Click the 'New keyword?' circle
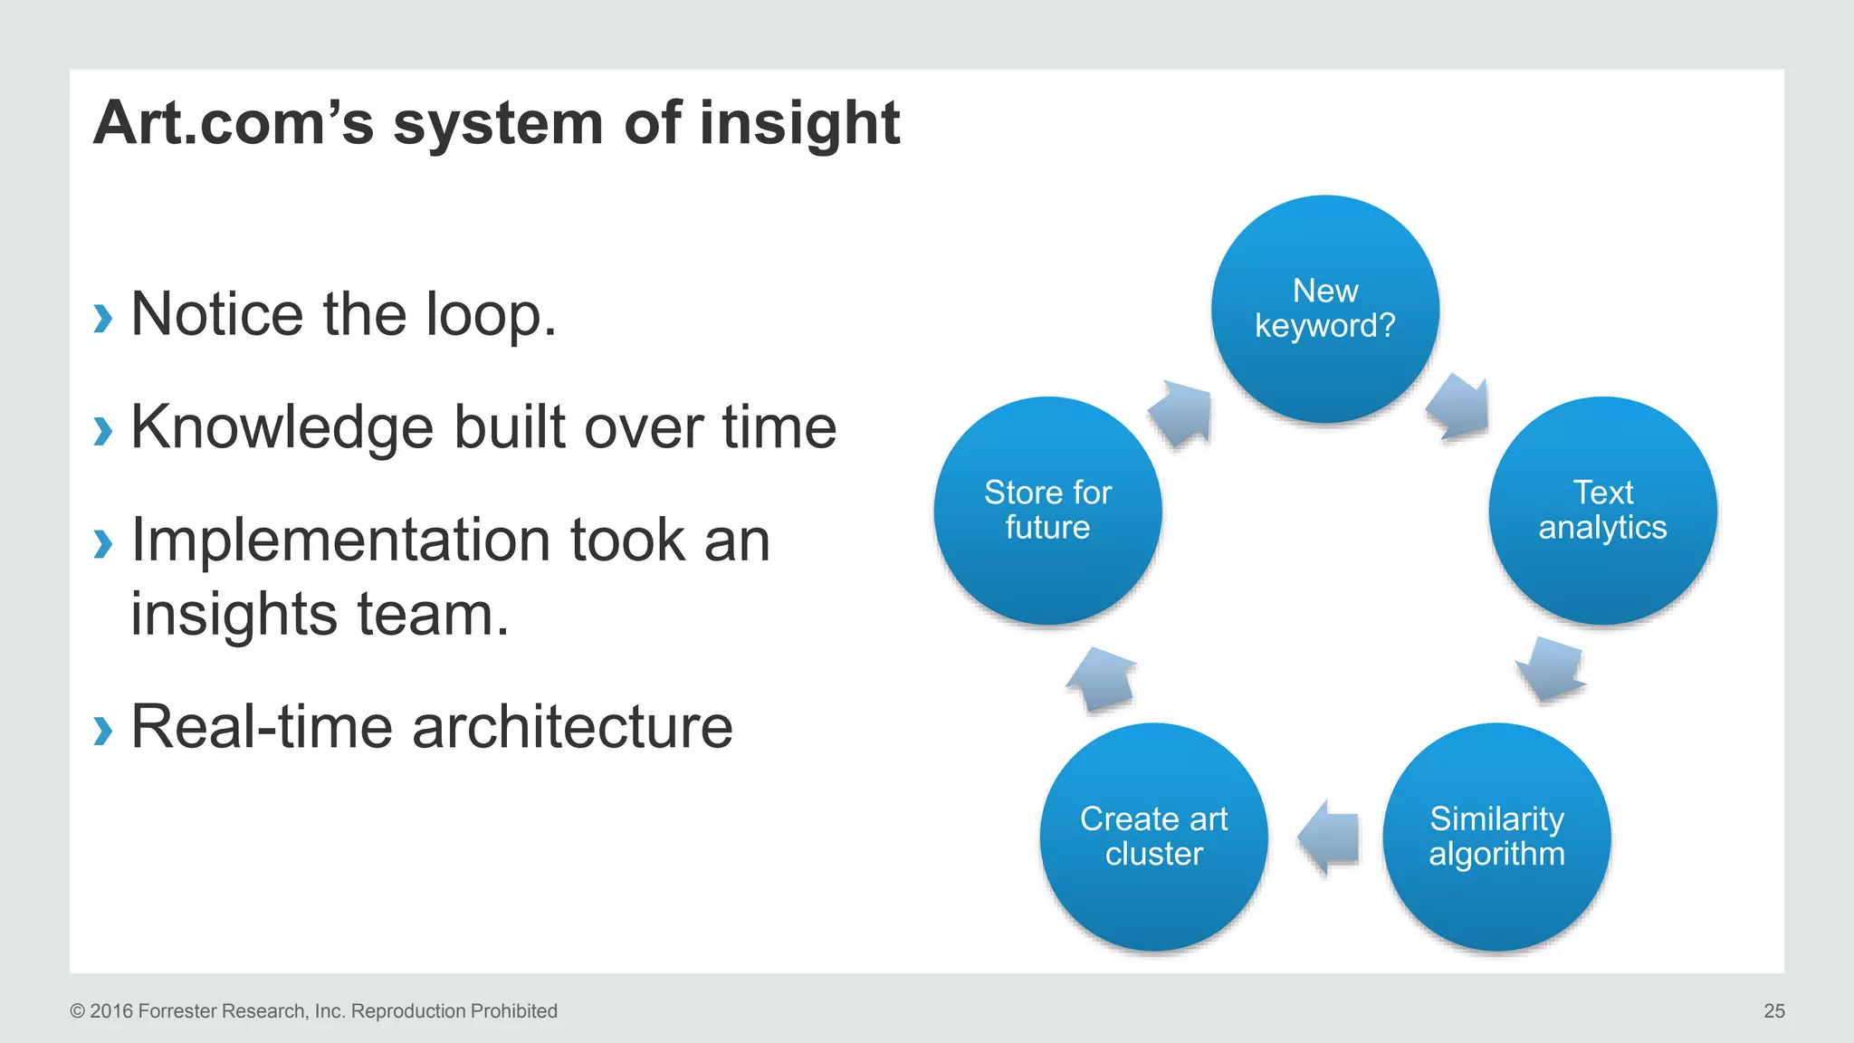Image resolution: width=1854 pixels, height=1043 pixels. coord(1325,309)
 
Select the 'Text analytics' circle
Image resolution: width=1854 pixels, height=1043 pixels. coord(1602,511)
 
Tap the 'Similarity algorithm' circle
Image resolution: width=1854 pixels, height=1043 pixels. coord(1496,837)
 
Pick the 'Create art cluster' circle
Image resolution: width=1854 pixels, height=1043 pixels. coord(1154,837)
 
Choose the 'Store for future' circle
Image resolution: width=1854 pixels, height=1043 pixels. coord(1047,511)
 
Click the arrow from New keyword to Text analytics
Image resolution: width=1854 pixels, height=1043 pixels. coord(1458,407)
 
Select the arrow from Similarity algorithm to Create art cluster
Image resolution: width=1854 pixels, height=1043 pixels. coord(1328,837)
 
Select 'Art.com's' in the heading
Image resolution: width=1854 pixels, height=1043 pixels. coord(234,123)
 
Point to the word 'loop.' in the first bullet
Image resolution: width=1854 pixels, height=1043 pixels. coord(491,315)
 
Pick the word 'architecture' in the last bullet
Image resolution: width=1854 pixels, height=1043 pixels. coord(572,727)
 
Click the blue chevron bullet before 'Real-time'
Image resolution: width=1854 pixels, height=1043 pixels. coord(103,730)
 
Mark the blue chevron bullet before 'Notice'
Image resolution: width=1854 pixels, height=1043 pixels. coord(103,318)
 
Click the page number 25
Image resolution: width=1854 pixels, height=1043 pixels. coord(1773,1011)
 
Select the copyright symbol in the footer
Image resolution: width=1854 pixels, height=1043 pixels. coord(78,1011)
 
